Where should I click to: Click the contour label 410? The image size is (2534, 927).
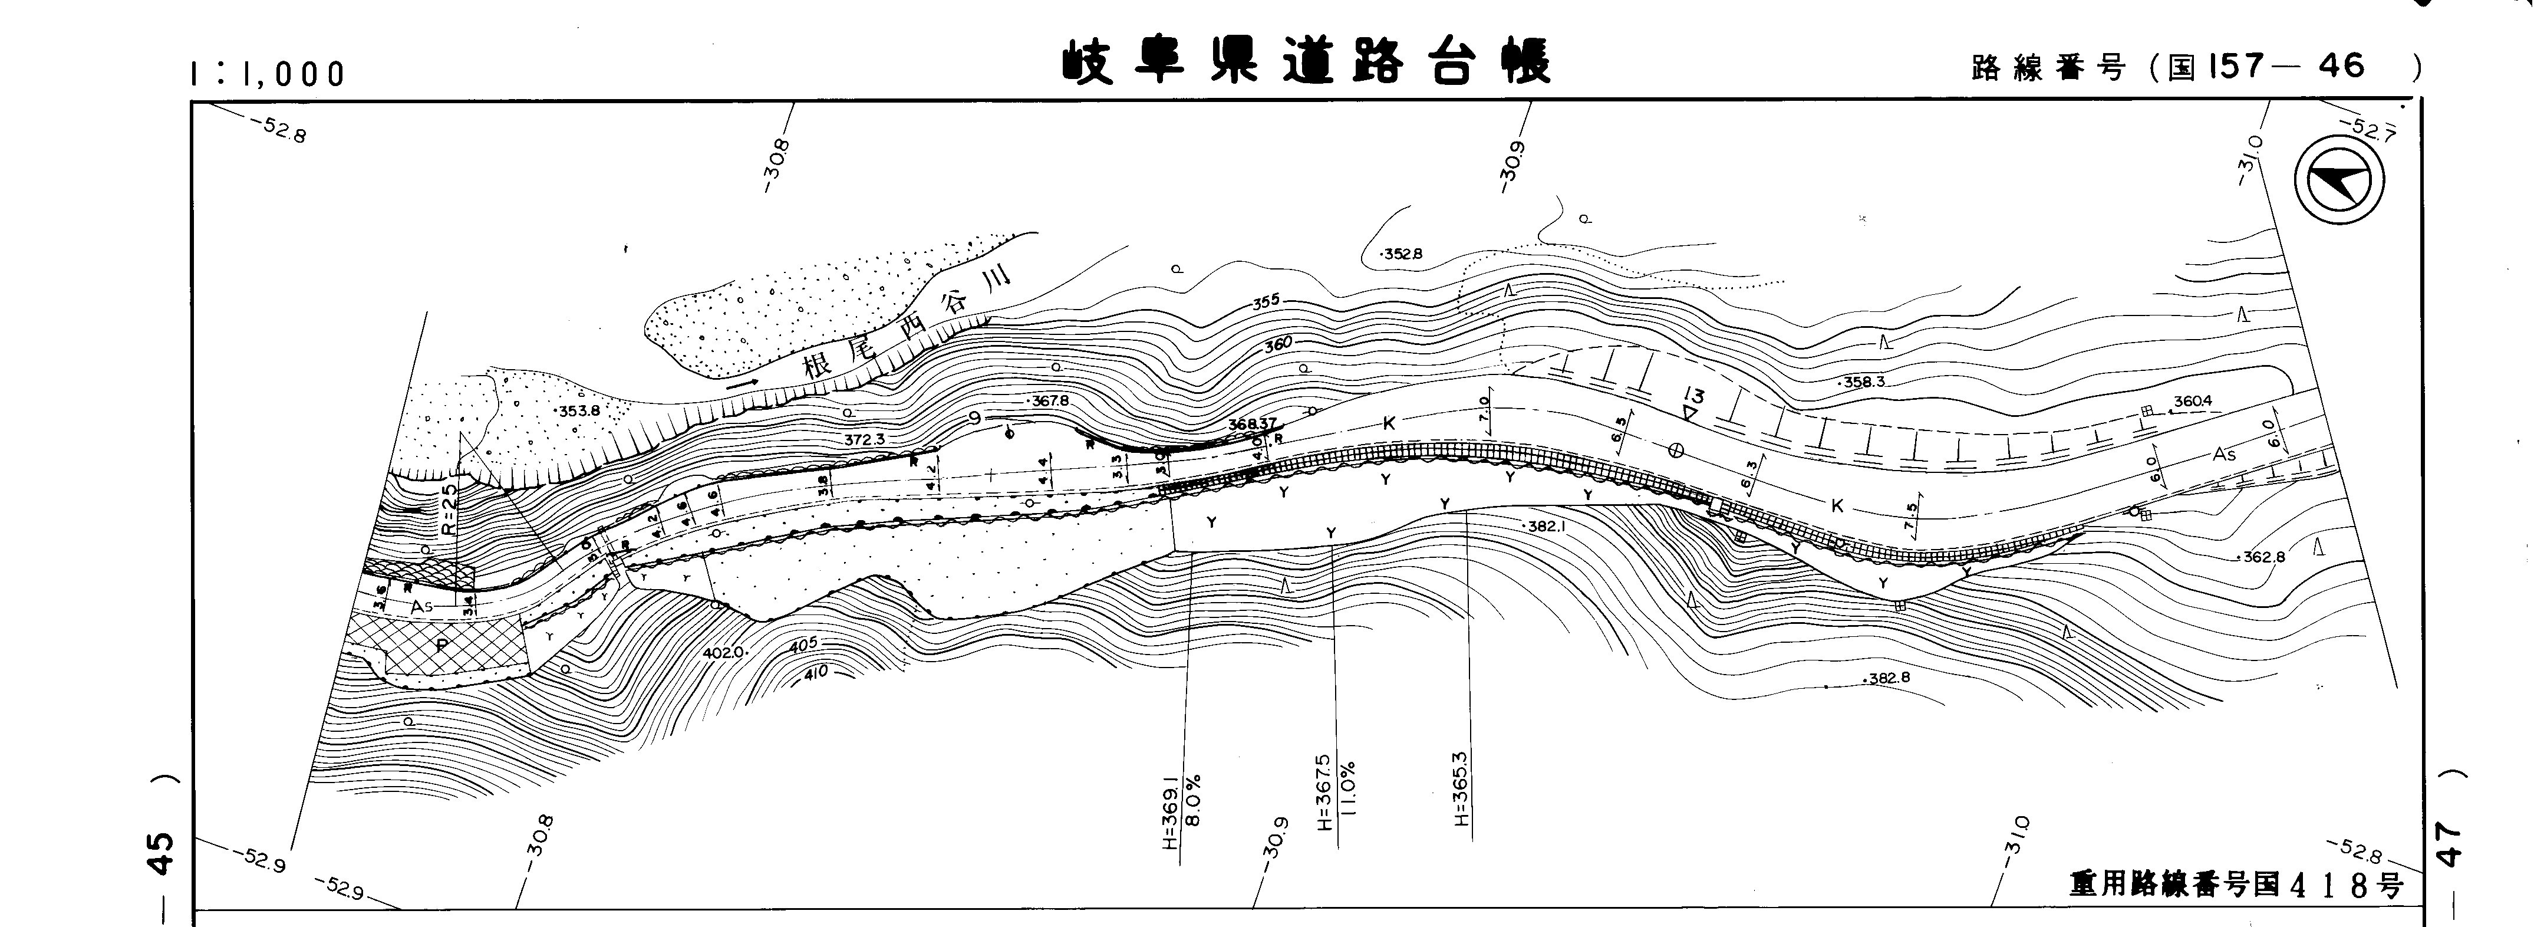point(815,673)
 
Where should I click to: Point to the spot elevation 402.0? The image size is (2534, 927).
point(726,652)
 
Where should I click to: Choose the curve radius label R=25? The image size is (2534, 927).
point(450,507)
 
